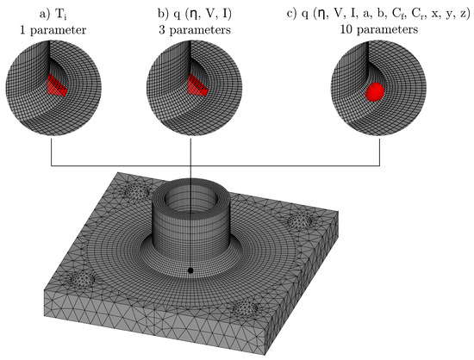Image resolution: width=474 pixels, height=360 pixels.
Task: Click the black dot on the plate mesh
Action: [x=190, y=270]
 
